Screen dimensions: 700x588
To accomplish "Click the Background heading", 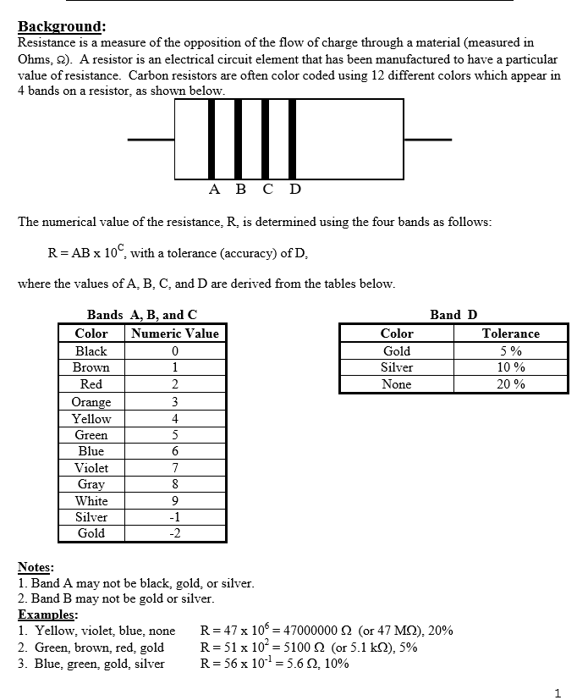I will tap(60, 26).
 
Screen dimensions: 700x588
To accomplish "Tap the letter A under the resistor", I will tap(213, 189).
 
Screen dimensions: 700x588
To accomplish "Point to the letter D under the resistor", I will tap(294, 189).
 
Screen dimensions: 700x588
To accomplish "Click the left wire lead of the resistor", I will tap(151, 140).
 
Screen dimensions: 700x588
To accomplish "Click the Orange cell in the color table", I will tap(91, 401).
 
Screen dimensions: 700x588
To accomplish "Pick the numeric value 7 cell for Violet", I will tap(175, 467).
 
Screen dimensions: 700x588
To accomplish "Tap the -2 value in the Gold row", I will tap(175, 533).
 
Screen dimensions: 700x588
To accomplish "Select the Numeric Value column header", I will tap(175, 333).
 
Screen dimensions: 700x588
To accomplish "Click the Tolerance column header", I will tap(510, 333).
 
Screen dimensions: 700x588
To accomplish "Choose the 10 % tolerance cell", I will tap(510, 367).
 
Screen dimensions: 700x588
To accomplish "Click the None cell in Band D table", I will tap(396, 384).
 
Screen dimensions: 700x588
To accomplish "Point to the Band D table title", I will tap(453, 315).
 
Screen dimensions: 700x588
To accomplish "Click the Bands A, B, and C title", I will tap(142, 315).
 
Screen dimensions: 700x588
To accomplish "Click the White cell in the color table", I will tap(91, 500).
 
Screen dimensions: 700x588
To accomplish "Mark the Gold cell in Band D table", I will tap(396, 350).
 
